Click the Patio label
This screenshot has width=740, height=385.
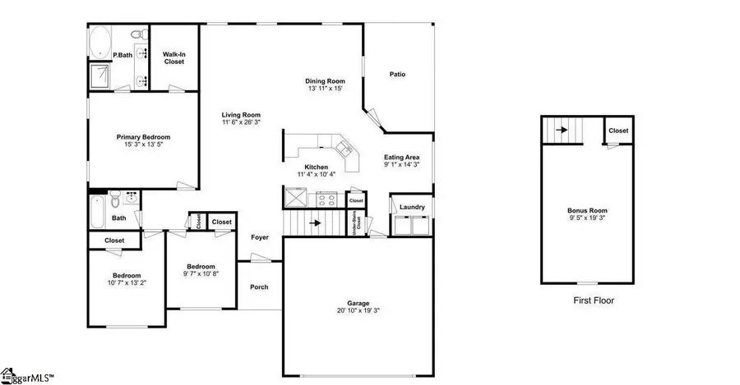pos(397,75)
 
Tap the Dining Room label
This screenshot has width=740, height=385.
pos(325,81)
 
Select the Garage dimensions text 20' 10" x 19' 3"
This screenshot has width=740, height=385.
pos(358,309)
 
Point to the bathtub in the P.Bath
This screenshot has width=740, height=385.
pos(104,40)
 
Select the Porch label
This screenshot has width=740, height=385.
pos(259,286)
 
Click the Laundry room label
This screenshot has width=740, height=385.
pos(412,207)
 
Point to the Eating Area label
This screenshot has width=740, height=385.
pos(402,157)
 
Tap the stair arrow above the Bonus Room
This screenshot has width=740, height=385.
pos(562,129)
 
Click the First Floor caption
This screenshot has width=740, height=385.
pos(593,300)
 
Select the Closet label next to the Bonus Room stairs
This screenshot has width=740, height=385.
pos(618,131)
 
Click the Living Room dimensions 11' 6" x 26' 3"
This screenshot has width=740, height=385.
pos(240,122)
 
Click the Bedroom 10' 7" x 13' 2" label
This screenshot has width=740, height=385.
pos(127,276)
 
